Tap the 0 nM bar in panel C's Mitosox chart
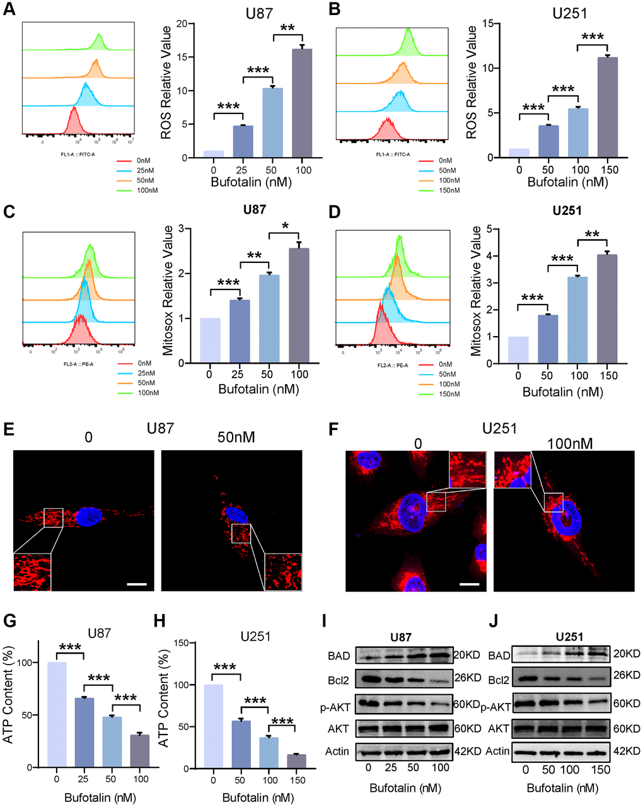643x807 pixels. coord(209,340)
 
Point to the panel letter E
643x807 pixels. coord(8,431)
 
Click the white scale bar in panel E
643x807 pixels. coord(136,584)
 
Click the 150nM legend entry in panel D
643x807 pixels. coord(450,394)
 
